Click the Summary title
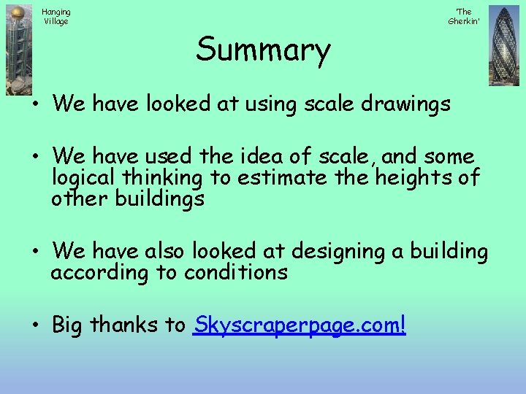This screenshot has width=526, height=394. click(263, 50)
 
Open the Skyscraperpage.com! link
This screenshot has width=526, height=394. click(299, 325)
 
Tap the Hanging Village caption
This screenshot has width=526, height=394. click(56, 16)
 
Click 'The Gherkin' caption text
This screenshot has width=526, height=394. click(463, 16)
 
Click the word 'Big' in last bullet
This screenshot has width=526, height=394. click(67, 325)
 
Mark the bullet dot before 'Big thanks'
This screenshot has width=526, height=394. click(34, 325)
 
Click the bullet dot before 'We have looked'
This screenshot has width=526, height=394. click(34, 104)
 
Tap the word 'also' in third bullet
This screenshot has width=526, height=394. click(165, 252)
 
